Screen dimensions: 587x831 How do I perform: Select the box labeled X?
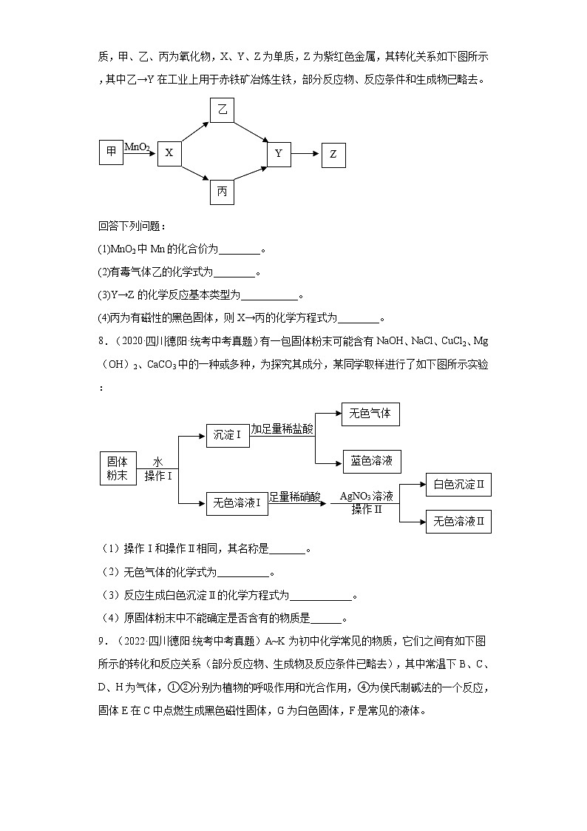[169, 153]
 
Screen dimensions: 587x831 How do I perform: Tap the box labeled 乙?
[222, 111]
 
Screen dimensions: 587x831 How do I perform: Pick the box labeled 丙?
[222, 192]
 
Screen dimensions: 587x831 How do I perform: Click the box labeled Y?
[279, 154]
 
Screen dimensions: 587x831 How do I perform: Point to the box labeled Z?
[333, 155]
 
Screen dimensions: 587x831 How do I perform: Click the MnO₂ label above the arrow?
[138, 147]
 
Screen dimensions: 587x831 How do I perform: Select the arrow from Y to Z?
[305, 154]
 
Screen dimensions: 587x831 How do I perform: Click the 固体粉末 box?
[118, 468]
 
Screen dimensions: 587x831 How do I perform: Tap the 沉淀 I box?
[227, 435]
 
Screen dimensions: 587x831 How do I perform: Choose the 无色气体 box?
[370, 414]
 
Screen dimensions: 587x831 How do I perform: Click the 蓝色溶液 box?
[371, 461]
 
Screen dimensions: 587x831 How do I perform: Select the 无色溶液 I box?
[236, 503]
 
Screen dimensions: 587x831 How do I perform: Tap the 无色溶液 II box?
[458, 521]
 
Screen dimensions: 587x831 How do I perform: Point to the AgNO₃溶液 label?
[367, 496]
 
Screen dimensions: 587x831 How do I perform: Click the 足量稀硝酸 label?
[294, 497]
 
